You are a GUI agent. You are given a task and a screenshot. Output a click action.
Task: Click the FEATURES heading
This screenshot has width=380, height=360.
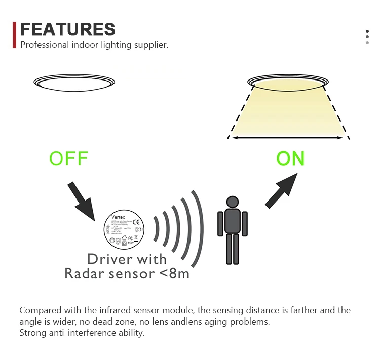pos(67,29)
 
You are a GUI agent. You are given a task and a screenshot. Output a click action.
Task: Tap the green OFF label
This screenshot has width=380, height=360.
pos(69,158)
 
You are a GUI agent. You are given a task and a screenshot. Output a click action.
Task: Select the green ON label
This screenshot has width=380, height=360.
pos(290,158)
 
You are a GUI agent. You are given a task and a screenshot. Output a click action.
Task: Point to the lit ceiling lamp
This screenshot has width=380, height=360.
pos(287,82)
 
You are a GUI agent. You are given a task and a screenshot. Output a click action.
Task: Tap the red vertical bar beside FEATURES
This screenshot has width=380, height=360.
pos(15,35)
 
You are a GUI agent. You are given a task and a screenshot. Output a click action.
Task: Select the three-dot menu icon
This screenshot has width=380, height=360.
pos(367,37)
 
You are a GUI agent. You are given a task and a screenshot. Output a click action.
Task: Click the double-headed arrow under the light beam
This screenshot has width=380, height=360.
pos(288,137)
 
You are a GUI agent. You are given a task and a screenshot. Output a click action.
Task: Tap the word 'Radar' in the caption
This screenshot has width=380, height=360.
pos(84,273)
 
